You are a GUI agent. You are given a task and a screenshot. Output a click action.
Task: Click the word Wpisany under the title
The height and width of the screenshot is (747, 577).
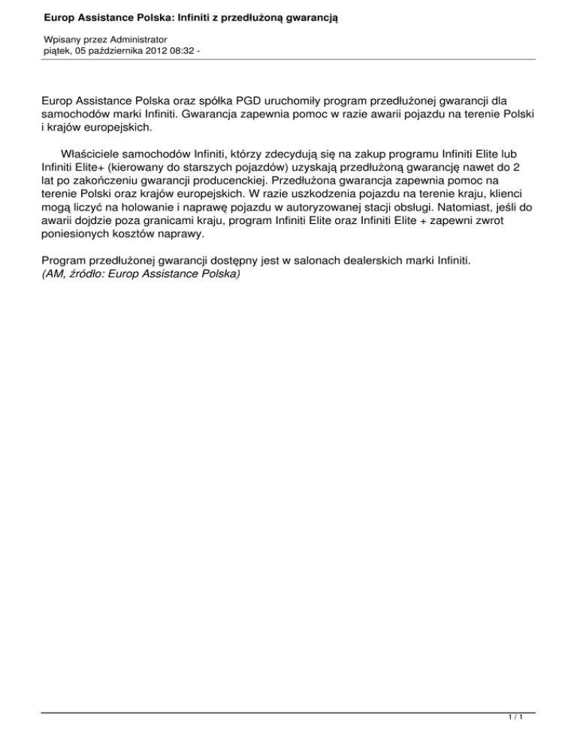coord(62,38)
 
